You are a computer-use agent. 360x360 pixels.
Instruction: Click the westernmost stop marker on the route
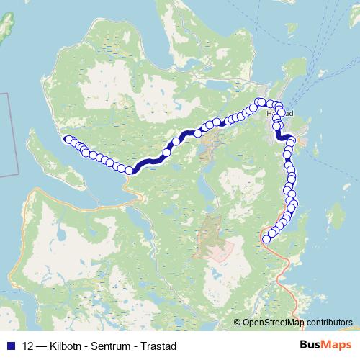point(68,140)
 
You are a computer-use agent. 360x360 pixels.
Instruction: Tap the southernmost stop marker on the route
point(266,239)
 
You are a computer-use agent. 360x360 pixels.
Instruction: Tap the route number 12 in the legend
point(28,346)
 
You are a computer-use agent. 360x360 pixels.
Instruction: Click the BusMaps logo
point(325,346)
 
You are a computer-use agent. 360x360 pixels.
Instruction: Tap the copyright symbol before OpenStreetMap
point(238,323)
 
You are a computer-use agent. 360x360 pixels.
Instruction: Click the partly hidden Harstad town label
point(281,114)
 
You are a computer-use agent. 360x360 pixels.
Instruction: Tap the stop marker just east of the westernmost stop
point(73,142)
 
